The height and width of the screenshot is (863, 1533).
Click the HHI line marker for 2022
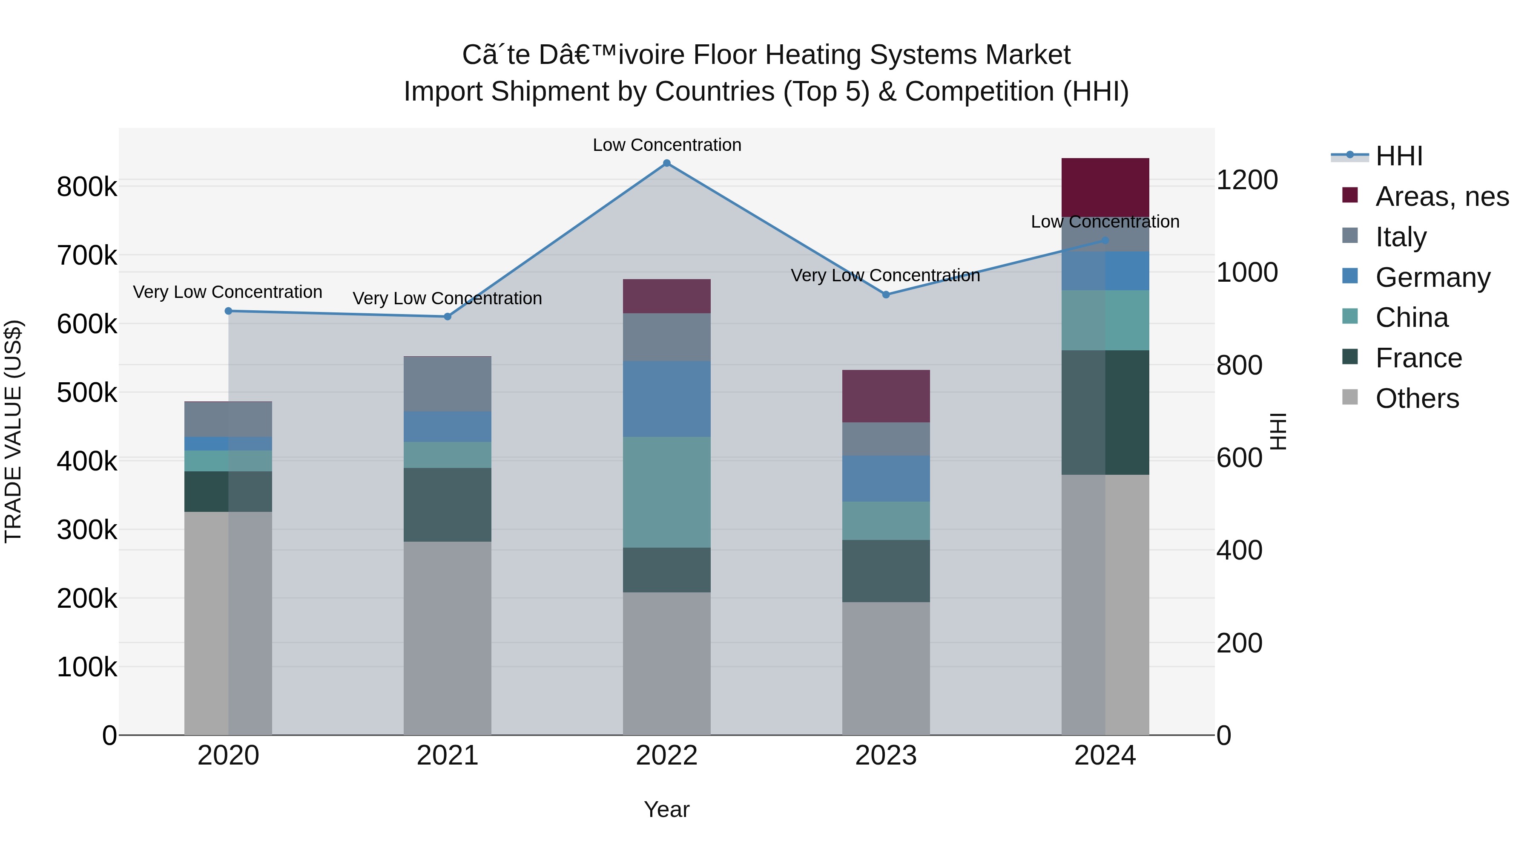666,163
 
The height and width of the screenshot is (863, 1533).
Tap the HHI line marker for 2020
229,311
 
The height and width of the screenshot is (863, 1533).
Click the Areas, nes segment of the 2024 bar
1105,188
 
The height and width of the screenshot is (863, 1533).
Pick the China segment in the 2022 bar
666,492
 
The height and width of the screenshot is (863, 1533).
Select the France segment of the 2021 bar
448,505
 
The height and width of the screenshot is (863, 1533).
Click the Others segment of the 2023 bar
886,668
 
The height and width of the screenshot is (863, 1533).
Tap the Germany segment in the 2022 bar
666,398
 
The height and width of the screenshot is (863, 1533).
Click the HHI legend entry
1398,156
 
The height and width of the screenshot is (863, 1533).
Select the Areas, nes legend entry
1441,196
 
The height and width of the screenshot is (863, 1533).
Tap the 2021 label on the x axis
448,756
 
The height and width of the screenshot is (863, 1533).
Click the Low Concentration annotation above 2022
666,145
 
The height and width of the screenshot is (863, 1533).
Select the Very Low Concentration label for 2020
227,292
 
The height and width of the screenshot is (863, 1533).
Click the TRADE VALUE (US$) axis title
13,431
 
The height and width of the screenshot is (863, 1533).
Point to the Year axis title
666,809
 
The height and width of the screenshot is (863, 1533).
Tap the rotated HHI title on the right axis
1277,431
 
